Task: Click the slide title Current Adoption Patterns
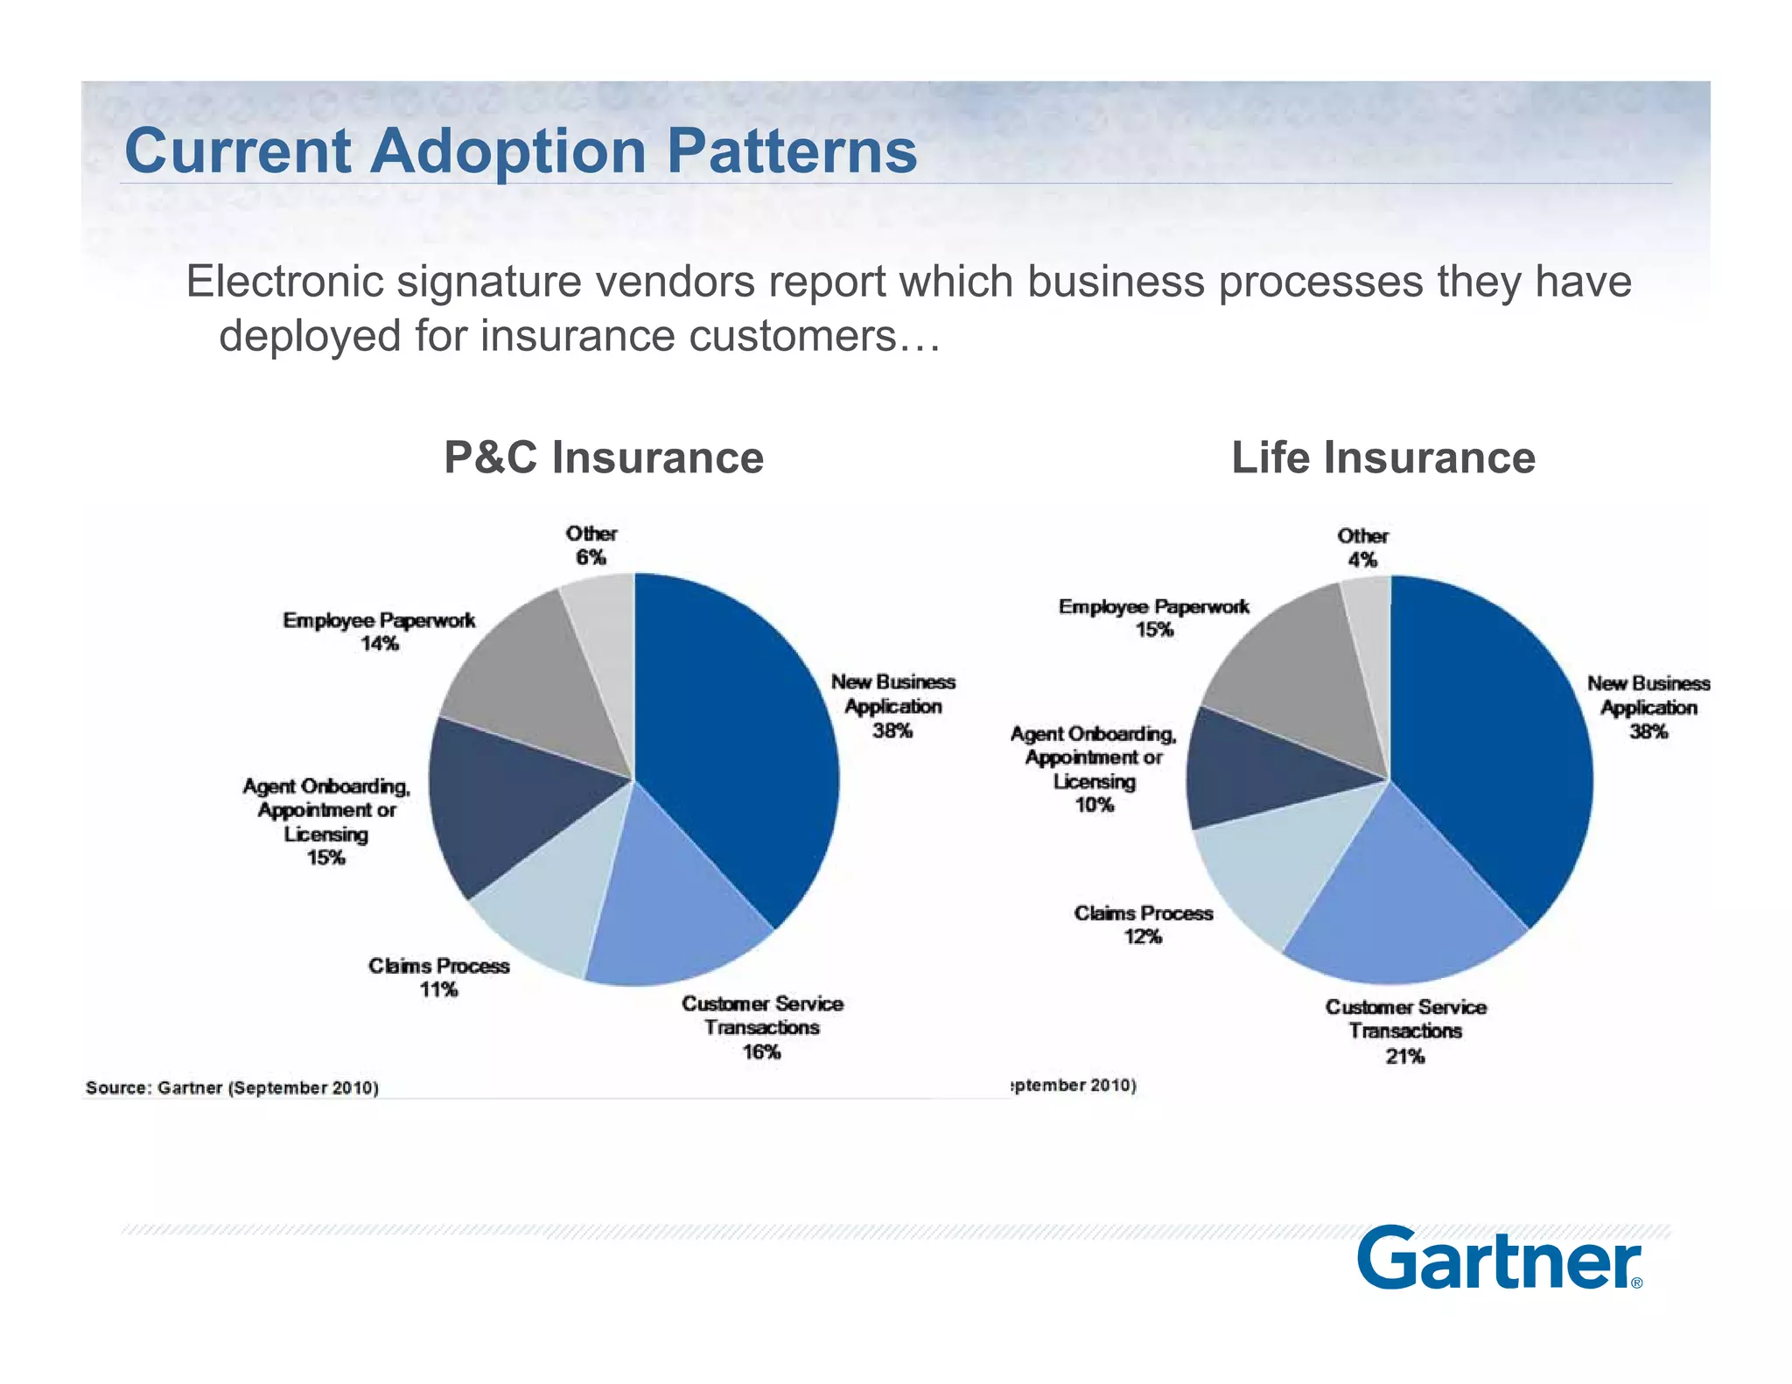pyautogui.click(x=521, y=151)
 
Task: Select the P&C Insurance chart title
pyautogui.click(x=604, y=458)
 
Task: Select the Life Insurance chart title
pyautogui.click(x=1382, y=458)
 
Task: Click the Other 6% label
pyautogui.click(x=591, y=545)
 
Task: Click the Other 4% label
pyautogui.click(x=1362, y=548)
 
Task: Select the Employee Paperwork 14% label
pyautogui.click(x=379, y=632)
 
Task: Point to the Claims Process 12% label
pyautogui.click(x=1143, y=925)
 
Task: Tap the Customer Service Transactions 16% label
pyautogui.click(x=762, y=1027)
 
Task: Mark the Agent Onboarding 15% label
pyautogui.click(x=326, y=822)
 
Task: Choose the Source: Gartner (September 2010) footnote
pyautogui.click(x=232, y=1087)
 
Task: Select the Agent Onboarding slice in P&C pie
pyautogui.click(x=507, y=805)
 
